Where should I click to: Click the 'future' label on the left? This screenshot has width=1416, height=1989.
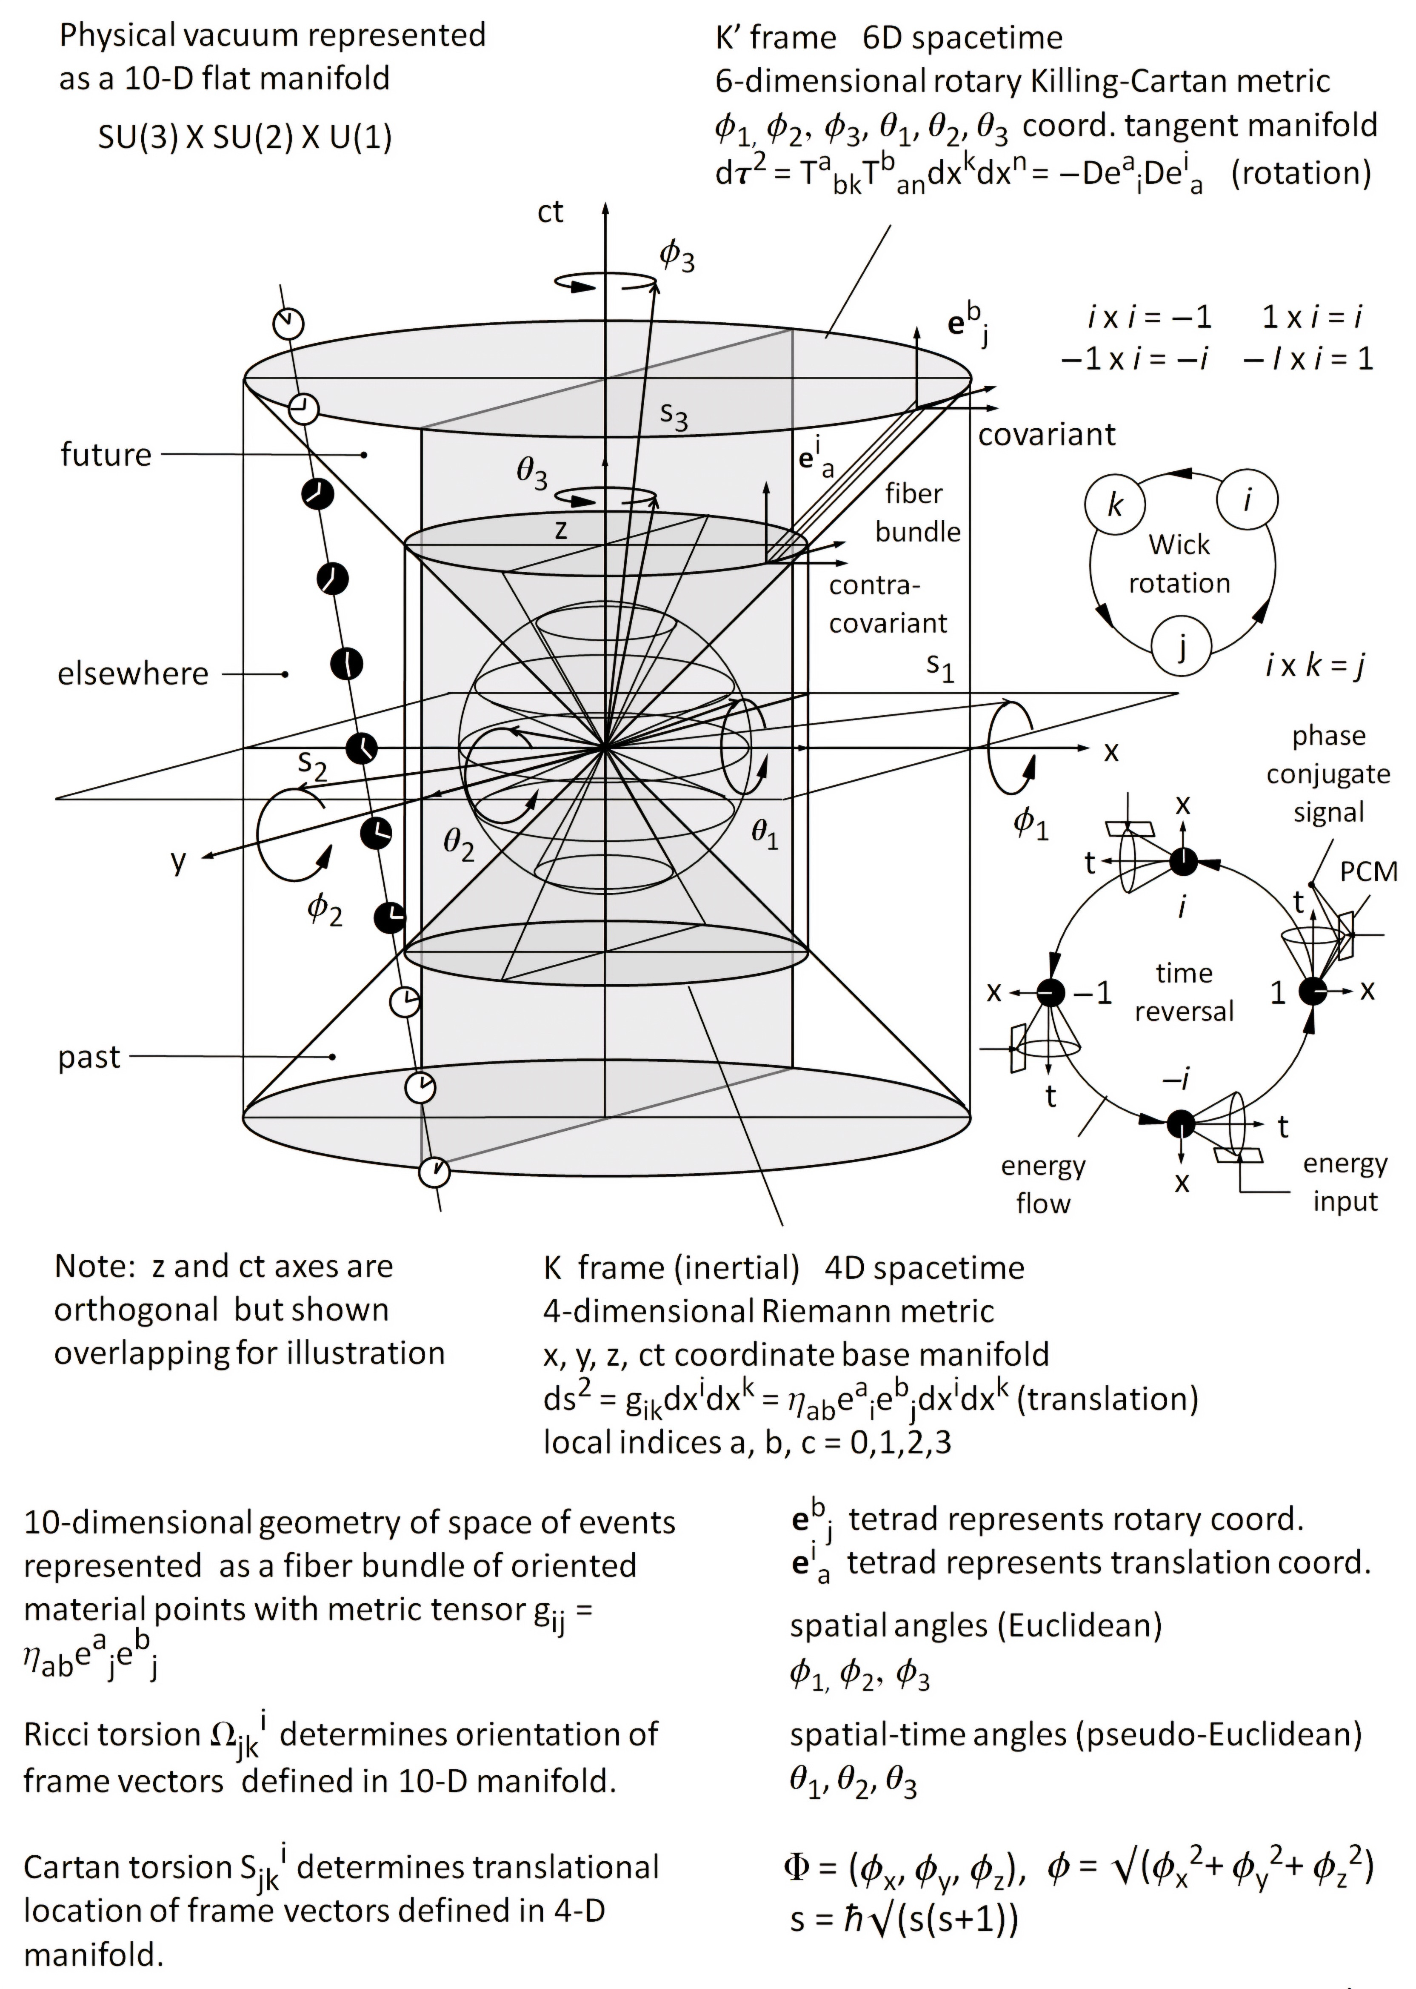click(x=106, y=455)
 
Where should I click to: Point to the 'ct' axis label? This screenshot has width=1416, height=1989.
click(x=550, y=212)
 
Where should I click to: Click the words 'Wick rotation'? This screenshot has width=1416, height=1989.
click(x=1179, y=564)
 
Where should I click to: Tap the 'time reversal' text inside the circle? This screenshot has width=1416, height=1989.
click(x=1183, y=992)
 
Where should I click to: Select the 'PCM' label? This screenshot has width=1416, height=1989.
click(x=1367, y=871)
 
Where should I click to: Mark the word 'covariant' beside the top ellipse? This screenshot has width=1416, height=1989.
click(x=1046, y=434)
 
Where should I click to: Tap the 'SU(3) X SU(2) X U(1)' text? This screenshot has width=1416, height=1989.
click(x=245, y=137)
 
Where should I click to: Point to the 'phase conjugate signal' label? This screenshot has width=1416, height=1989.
click(x=1328, y=774)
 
